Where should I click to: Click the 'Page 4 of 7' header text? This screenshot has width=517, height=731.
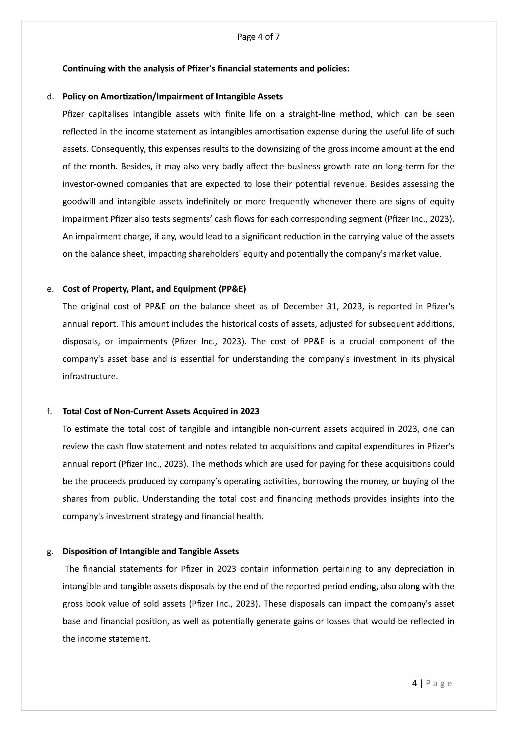click(x=258, y=37)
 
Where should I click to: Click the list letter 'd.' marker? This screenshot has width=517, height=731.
click(x=50, y=97)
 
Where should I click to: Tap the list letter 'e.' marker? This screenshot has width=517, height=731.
click(x=50, y=289)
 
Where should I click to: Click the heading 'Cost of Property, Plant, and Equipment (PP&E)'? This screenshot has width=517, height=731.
click(x=154, y=289)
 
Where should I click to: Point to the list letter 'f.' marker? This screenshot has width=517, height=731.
click(x=49, y=412)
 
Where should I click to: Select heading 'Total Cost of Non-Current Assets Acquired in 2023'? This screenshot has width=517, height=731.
click(x=161, y=412)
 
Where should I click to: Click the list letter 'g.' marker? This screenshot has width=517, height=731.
click(x=50, y=552)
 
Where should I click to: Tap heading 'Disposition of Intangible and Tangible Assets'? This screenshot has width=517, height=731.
click(x=150, y=552)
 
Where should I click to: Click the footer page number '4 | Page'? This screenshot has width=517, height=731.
click(x=432, y=684)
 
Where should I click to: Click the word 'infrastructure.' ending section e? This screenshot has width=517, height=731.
click(x=90, y=377)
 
